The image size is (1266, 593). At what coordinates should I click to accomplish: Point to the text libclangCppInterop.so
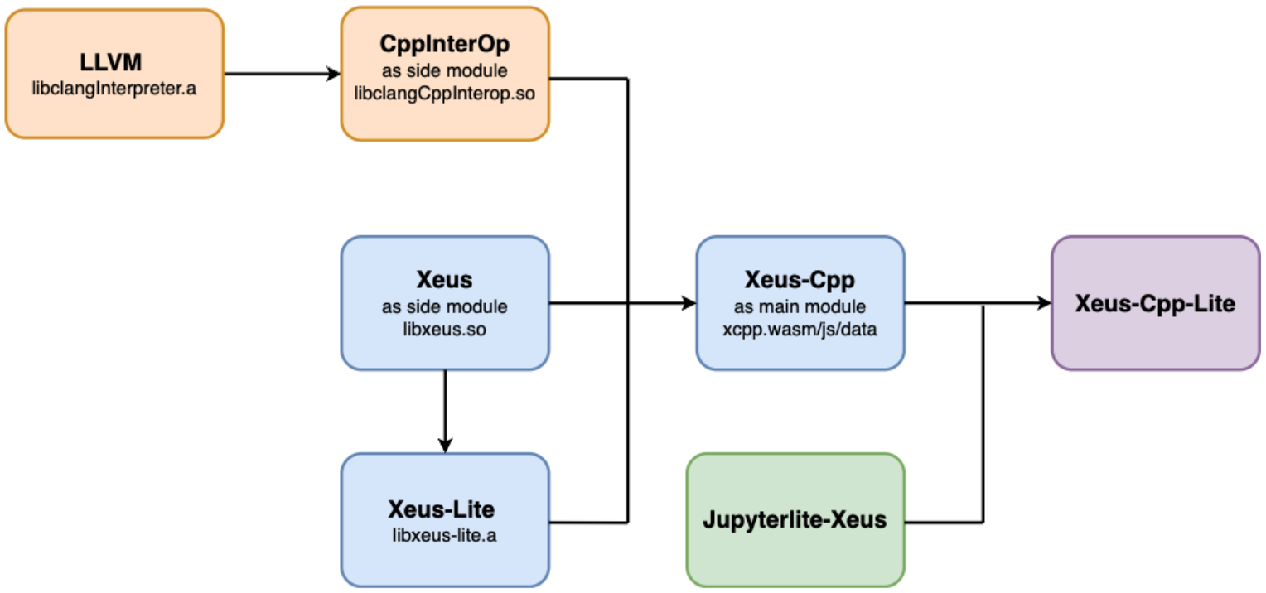[445, 94]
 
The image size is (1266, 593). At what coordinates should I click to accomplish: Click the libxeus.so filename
[445, 329]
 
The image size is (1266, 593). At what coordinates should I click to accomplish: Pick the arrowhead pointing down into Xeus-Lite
[445, 445]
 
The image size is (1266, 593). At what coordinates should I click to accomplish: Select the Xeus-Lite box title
[445, 507]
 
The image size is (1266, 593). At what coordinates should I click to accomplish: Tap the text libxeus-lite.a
[445, 534]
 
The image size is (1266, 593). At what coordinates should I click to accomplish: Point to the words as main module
[800, 306]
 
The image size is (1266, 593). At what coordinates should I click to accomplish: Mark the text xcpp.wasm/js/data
[800, 329]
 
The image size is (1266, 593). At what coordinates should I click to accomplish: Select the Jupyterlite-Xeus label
[795, 520]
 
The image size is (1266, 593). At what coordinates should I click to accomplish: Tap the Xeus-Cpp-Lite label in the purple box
[1155, 304]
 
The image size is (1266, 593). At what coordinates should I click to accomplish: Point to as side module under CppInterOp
[445, 70]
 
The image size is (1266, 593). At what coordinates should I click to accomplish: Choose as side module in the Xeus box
[445, 306]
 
